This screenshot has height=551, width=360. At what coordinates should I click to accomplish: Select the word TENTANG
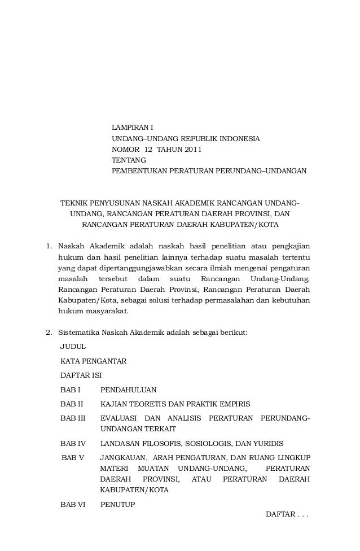pos(126,160)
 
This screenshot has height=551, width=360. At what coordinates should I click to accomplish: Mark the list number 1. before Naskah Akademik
pos(49,246)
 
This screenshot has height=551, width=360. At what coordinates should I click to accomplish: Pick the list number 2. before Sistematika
pos(49,332)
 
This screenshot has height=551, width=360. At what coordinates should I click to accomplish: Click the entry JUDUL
pos(73,347)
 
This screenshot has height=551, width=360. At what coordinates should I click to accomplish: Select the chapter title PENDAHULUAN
pos(128,390)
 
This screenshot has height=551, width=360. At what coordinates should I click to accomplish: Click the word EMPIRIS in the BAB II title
pos(234,404)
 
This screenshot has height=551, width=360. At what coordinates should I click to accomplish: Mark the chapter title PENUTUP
pos(117,504)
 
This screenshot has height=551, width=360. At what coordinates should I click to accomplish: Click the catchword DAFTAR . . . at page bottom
pos(287,515)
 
